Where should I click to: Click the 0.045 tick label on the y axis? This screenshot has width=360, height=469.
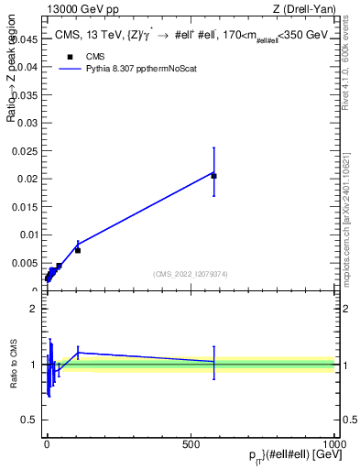24,39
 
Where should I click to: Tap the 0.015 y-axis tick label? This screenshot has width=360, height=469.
24,207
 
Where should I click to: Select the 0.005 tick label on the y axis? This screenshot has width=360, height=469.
24,263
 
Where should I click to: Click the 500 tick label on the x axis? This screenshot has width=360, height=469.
191,442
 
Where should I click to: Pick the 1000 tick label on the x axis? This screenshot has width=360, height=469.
335,442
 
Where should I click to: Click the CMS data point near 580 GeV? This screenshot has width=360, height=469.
213,176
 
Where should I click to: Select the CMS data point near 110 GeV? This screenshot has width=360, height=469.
78,250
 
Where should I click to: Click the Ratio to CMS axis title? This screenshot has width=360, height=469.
14,365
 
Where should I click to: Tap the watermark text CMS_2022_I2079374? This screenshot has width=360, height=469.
190,273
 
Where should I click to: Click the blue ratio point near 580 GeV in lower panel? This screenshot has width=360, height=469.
213,362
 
